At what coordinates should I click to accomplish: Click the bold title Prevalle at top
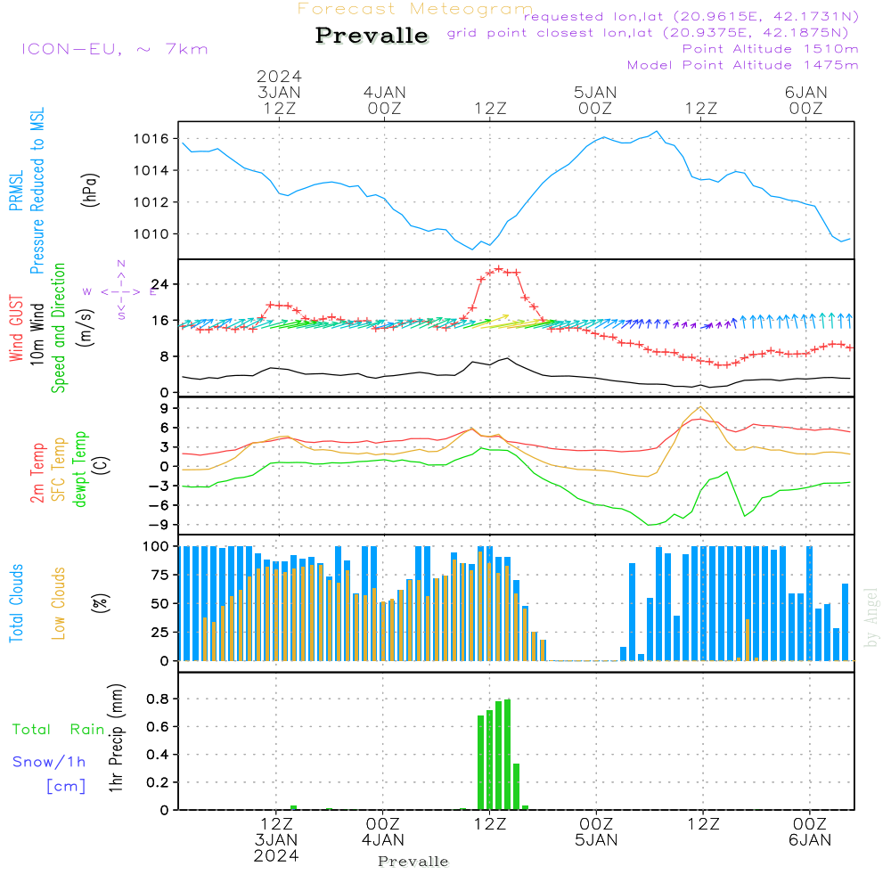[372, 37]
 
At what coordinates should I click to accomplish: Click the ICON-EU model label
[114, 49]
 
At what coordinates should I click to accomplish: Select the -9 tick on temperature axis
[162, 524]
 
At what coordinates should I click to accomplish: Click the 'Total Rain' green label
[58, 730]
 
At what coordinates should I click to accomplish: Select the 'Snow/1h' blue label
[49, 762]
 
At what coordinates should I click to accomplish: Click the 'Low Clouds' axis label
[60, 603]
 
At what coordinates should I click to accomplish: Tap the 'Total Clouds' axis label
[17, 603]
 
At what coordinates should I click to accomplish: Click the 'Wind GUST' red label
[17, 330]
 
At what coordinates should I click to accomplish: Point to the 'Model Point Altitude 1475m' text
[742, 65]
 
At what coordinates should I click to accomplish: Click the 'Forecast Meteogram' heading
[415, 9]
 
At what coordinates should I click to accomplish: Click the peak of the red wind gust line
[499, 267]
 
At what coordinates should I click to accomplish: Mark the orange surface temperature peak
[702, 407]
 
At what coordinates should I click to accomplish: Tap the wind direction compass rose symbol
[121, 290]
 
